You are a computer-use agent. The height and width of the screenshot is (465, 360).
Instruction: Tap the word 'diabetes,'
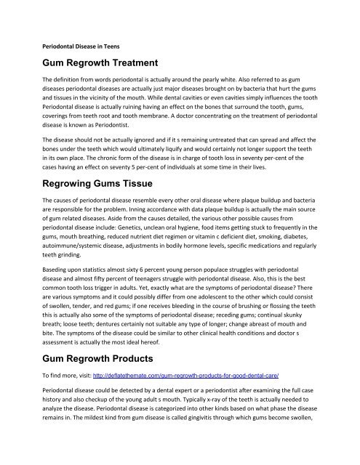pos(319,270)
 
